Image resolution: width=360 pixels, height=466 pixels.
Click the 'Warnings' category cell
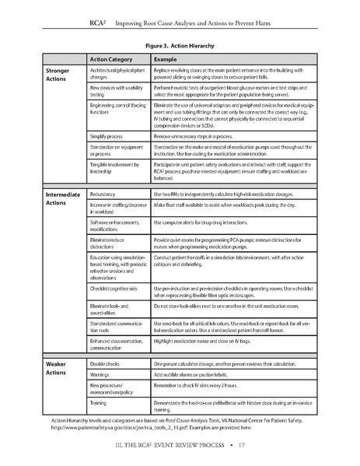[104, 374]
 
